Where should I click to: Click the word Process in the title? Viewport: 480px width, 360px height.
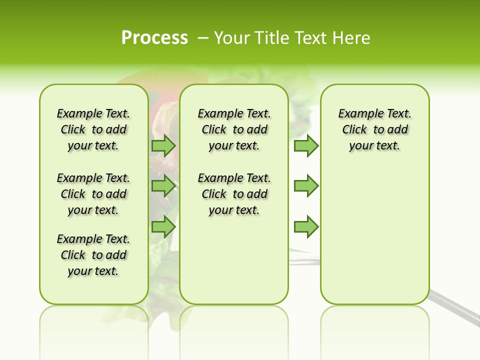tap(154, 37)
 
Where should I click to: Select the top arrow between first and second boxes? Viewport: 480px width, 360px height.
tap(163, 145)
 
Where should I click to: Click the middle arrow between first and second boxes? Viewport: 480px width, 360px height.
tap(163, 186)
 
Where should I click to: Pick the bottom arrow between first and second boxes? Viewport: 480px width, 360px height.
tap(163, 227)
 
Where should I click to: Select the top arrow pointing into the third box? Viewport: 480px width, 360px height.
tap(306, 145)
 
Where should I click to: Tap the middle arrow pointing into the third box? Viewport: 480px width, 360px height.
tap(306, 186)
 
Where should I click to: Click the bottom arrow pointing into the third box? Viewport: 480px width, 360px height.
tap(306, 227)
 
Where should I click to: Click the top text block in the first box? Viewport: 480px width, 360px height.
tap(93, 129)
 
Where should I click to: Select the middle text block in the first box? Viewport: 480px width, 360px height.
tap(93, 194)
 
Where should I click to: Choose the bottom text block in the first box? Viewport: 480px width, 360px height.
tap(93, 255)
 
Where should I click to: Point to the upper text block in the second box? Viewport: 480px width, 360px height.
tap(234, 129)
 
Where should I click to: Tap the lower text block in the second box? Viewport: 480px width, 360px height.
tap(234, 194)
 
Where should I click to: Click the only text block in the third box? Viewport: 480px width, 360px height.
tap(374, 129)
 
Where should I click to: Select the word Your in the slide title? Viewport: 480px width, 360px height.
tap(231, 37)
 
